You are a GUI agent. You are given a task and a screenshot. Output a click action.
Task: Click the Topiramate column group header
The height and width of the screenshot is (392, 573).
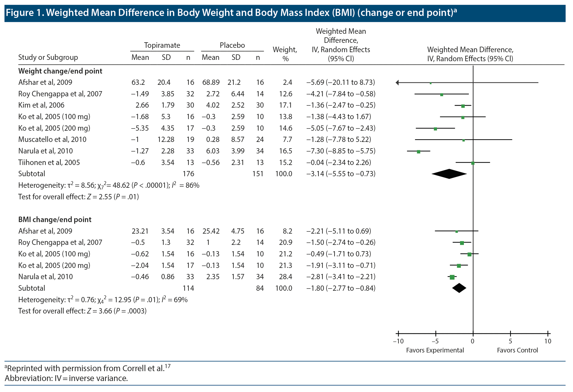point(162,45)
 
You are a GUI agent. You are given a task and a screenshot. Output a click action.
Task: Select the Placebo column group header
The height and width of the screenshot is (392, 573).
point(232,45)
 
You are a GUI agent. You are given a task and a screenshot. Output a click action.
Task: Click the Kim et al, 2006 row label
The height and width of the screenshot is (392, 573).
point(41,105)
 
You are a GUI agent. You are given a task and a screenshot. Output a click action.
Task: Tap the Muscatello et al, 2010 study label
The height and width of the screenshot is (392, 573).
point(52,139)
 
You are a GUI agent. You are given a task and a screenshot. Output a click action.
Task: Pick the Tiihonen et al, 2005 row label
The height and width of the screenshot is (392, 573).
point(49,163)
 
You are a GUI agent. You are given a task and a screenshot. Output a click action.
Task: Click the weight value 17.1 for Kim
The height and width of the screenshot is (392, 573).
point(286,105)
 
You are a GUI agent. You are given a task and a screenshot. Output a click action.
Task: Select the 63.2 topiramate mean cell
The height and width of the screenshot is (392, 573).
point(138,82)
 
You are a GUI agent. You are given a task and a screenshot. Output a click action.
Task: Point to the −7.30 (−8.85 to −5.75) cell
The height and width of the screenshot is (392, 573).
point(341,151)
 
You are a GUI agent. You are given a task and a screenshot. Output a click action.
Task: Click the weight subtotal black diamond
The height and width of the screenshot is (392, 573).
point(449,174)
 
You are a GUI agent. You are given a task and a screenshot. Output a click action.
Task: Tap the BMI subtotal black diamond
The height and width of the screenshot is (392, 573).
point(459,288)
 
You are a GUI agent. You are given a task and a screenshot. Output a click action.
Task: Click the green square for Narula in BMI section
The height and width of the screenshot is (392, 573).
point(452,277)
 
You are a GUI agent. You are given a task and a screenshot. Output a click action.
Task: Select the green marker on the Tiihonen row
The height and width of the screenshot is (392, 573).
point(473,163)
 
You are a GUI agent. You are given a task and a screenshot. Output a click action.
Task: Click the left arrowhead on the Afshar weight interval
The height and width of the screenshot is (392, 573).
point(397,82)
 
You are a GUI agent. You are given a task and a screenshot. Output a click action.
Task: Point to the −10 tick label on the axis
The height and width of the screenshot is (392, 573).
point(398,341)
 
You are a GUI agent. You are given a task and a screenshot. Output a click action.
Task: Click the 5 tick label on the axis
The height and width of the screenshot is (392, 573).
point(510,341)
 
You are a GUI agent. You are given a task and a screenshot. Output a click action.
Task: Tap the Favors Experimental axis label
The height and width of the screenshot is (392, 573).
point(435,350)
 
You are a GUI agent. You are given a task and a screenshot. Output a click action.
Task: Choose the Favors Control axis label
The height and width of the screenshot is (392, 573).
point(517,350)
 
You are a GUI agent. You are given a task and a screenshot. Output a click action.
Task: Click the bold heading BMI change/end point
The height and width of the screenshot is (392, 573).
point(55,220)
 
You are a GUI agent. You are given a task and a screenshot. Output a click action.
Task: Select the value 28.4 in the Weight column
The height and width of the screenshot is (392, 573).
point(286,277)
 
